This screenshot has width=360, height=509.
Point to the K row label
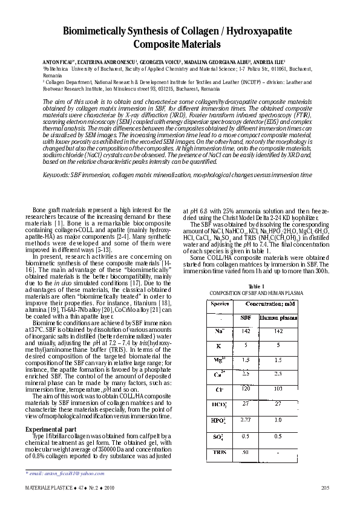218,346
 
